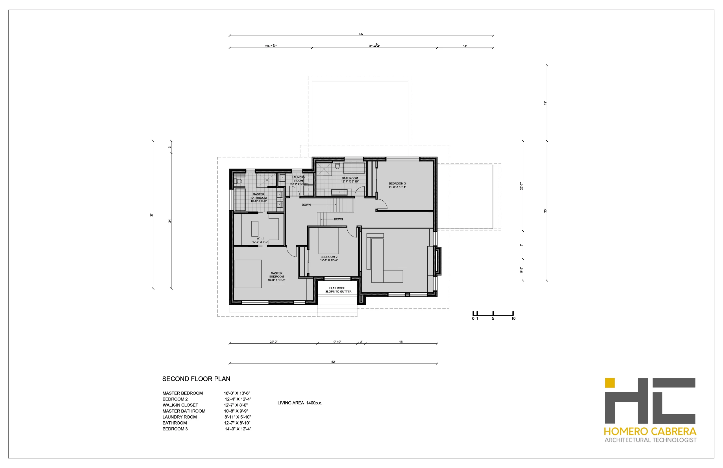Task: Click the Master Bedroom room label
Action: (276, 277)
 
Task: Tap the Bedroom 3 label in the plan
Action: (397, 185)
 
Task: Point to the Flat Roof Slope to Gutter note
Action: (338, 290)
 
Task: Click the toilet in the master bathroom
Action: (238, 181)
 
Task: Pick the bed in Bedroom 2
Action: (328, 241)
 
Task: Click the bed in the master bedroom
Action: (248, 274)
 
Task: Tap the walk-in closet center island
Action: (254, 229)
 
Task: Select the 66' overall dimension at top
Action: (361, 34)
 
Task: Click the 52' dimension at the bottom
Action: (333, 362)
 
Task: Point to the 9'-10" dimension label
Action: (337, 342)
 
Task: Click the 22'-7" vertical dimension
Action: (521, 186)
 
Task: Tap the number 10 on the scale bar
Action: (513, 318)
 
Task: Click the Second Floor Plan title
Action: (196, 379)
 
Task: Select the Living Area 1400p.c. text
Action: (299, 403)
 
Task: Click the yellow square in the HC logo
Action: (609, 383)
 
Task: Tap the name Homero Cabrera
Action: (650, 431)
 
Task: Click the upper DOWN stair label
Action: (306, 205)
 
